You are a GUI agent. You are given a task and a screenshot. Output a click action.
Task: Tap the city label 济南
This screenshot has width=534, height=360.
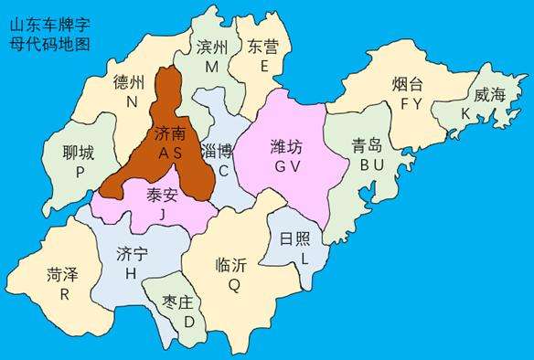point(169,132)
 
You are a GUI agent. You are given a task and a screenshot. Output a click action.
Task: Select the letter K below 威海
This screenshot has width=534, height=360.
point(466,113)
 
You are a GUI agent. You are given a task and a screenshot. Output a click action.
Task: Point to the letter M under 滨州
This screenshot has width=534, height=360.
point(211,67)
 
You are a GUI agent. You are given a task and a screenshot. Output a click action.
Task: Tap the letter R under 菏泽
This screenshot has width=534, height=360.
point(64,293)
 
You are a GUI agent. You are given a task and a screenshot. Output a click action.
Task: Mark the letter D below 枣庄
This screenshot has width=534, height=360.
point(188,322)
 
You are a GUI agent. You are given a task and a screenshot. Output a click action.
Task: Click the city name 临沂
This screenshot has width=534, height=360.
point(232,265)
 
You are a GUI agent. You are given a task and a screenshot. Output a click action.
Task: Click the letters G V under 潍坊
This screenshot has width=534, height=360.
point(287,164)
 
